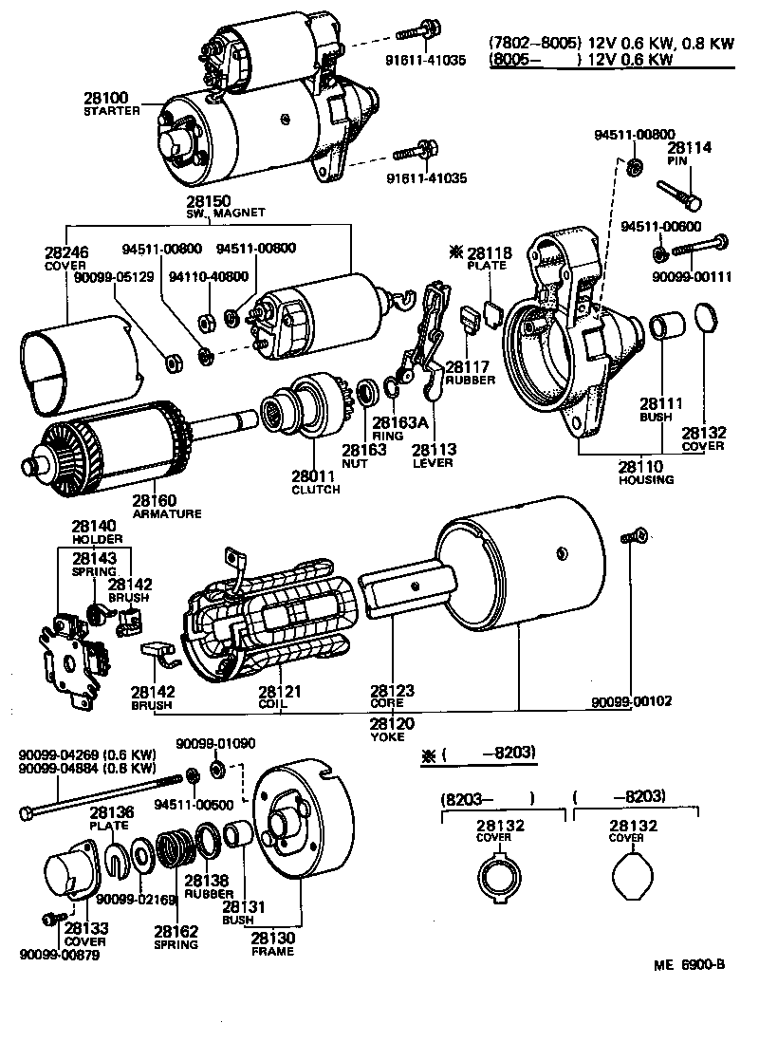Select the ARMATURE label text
[x=166, y=513]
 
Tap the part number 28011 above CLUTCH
[x=315, y=476]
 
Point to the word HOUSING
[x=646, y=479]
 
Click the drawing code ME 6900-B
[x=689, y=965]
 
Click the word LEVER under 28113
[x=433, y=462]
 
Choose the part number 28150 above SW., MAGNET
[x=209, y=201]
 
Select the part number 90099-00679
[x=59, y=954]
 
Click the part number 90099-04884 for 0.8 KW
[x=63, y=769]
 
